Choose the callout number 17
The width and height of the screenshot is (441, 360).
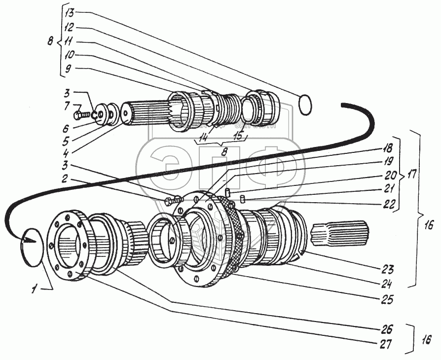tap(411, 175)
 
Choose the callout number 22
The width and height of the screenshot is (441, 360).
tap(390, 207)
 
